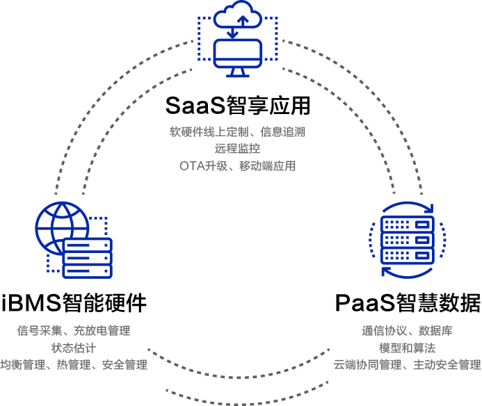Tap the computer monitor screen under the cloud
click(x=238, y=53)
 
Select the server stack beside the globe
click(x=87, y=258)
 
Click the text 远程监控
click(x=237, y=147)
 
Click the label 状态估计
click(x=73, y=348)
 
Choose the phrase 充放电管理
click(x=102, y=330)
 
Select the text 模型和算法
click(x=407, y=348)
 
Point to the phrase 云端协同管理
click(x=367, y=364)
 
